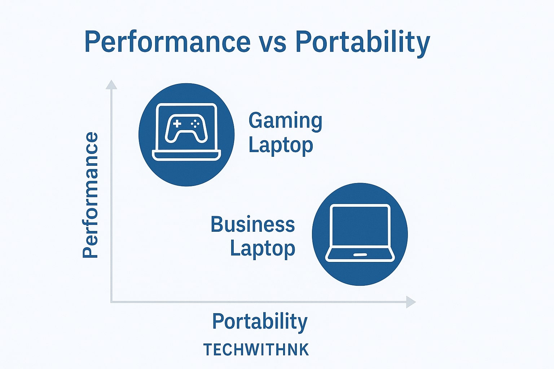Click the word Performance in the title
tap(167, 42)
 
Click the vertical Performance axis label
tap(90, 195)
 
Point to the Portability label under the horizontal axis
tap(260, 321)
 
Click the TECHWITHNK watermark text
tap(256, 350)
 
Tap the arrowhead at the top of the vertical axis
tap(111, 85)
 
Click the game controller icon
tap(186, 128)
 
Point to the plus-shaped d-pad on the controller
tap(177, 124)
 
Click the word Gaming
tap(285, 121)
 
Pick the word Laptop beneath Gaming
tap(281, 145)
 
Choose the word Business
tap(252, 224)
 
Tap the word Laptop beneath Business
tap(263, 249)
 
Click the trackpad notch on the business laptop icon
tap(360, 255)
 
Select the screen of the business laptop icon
tap(360, 226)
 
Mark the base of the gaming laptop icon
tap(186, 156)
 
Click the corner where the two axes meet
tap(111, 302)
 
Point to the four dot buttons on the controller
tap(195, 124)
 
